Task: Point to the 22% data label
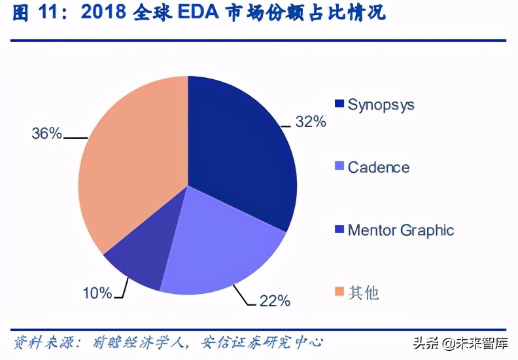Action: [x=275, y=301]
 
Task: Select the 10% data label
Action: [x=97, y=293]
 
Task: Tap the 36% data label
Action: [x=46, y=134]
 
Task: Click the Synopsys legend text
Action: [x=381, y=105]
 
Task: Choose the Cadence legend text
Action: [x=378, y=167]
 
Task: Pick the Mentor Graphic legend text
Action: [x=400, y=230]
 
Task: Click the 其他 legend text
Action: [x=364, y=292]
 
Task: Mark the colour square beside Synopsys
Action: [x=339, y=105]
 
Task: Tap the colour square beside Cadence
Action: [x=339, y=167]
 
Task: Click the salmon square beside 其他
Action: [x=339, y=292]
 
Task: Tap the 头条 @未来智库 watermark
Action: [x=458, y=342]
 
